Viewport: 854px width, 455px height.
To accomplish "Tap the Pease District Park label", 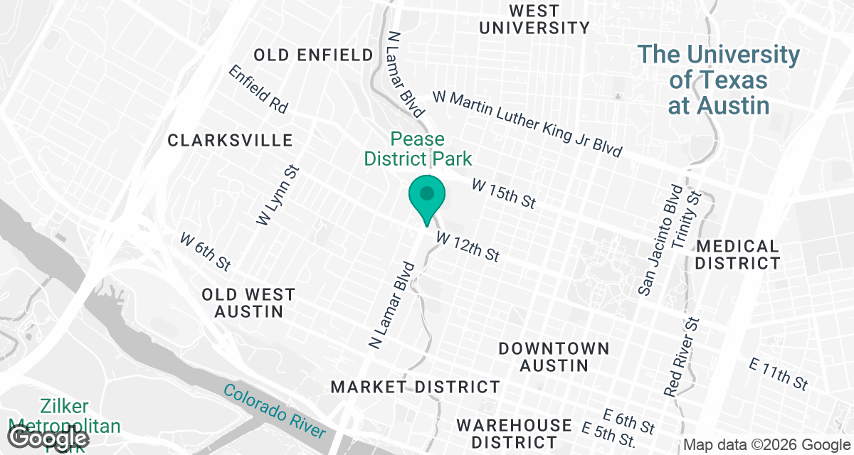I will coord(418,149).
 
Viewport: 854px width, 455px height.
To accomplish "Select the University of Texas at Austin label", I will coord(718,80).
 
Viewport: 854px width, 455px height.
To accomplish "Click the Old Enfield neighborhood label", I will coord(313,55).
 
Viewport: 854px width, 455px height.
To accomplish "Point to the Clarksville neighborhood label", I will coord(230,140).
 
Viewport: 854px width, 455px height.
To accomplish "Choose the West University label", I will coord(534,19).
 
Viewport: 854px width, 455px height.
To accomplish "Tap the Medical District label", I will coord(737,255).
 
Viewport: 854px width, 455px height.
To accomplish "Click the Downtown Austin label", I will coord(554,357).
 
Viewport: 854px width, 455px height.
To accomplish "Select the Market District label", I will coord(416,387).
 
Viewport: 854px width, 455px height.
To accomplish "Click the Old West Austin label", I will coord(248,303).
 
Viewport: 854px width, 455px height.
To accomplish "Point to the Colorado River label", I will coord(274,411).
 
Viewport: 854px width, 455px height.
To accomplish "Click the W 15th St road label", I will coord(503,193).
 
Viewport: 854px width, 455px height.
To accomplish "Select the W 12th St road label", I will coord(468,245).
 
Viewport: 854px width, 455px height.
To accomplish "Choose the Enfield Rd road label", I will coord(258,90).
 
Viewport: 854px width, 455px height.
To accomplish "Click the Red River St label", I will coord(682,358).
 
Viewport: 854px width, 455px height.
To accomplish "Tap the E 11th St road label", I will coord(779,374).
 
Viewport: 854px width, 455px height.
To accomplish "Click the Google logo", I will coord(49,439).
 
